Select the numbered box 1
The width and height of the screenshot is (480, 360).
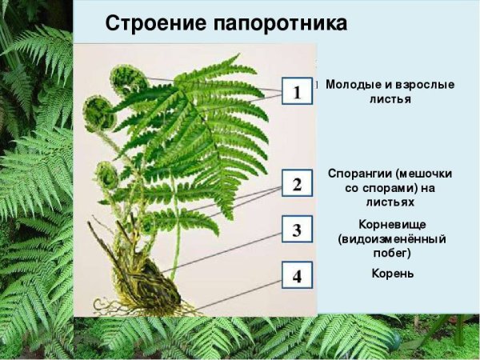click(x=297, y=93)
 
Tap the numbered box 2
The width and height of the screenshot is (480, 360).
click(x=297, y=185)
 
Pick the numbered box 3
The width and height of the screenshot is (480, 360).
click(x=297, y=231)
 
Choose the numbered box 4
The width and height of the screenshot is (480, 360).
click(x=297, y=277)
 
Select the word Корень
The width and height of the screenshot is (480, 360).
click(x=392, y=274)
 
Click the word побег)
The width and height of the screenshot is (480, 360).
click(x=392, y=253)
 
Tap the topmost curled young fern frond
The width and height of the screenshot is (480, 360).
click(x=127, y=79)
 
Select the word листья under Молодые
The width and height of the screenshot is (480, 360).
click(x=391, y=100)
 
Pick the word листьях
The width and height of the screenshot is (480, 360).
click(x=392, y=203)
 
